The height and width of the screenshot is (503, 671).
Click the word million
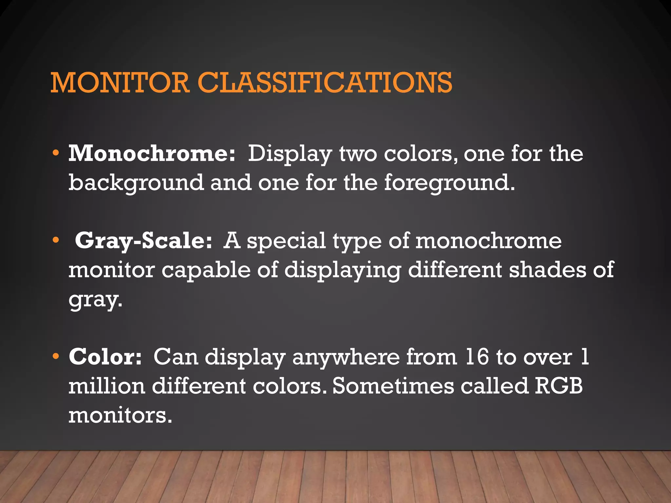pos(107,386)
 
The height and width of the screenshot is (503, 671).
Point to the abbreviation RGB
pos(559,386)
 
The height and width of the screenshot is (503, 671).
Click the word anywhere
pos(346,357)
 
